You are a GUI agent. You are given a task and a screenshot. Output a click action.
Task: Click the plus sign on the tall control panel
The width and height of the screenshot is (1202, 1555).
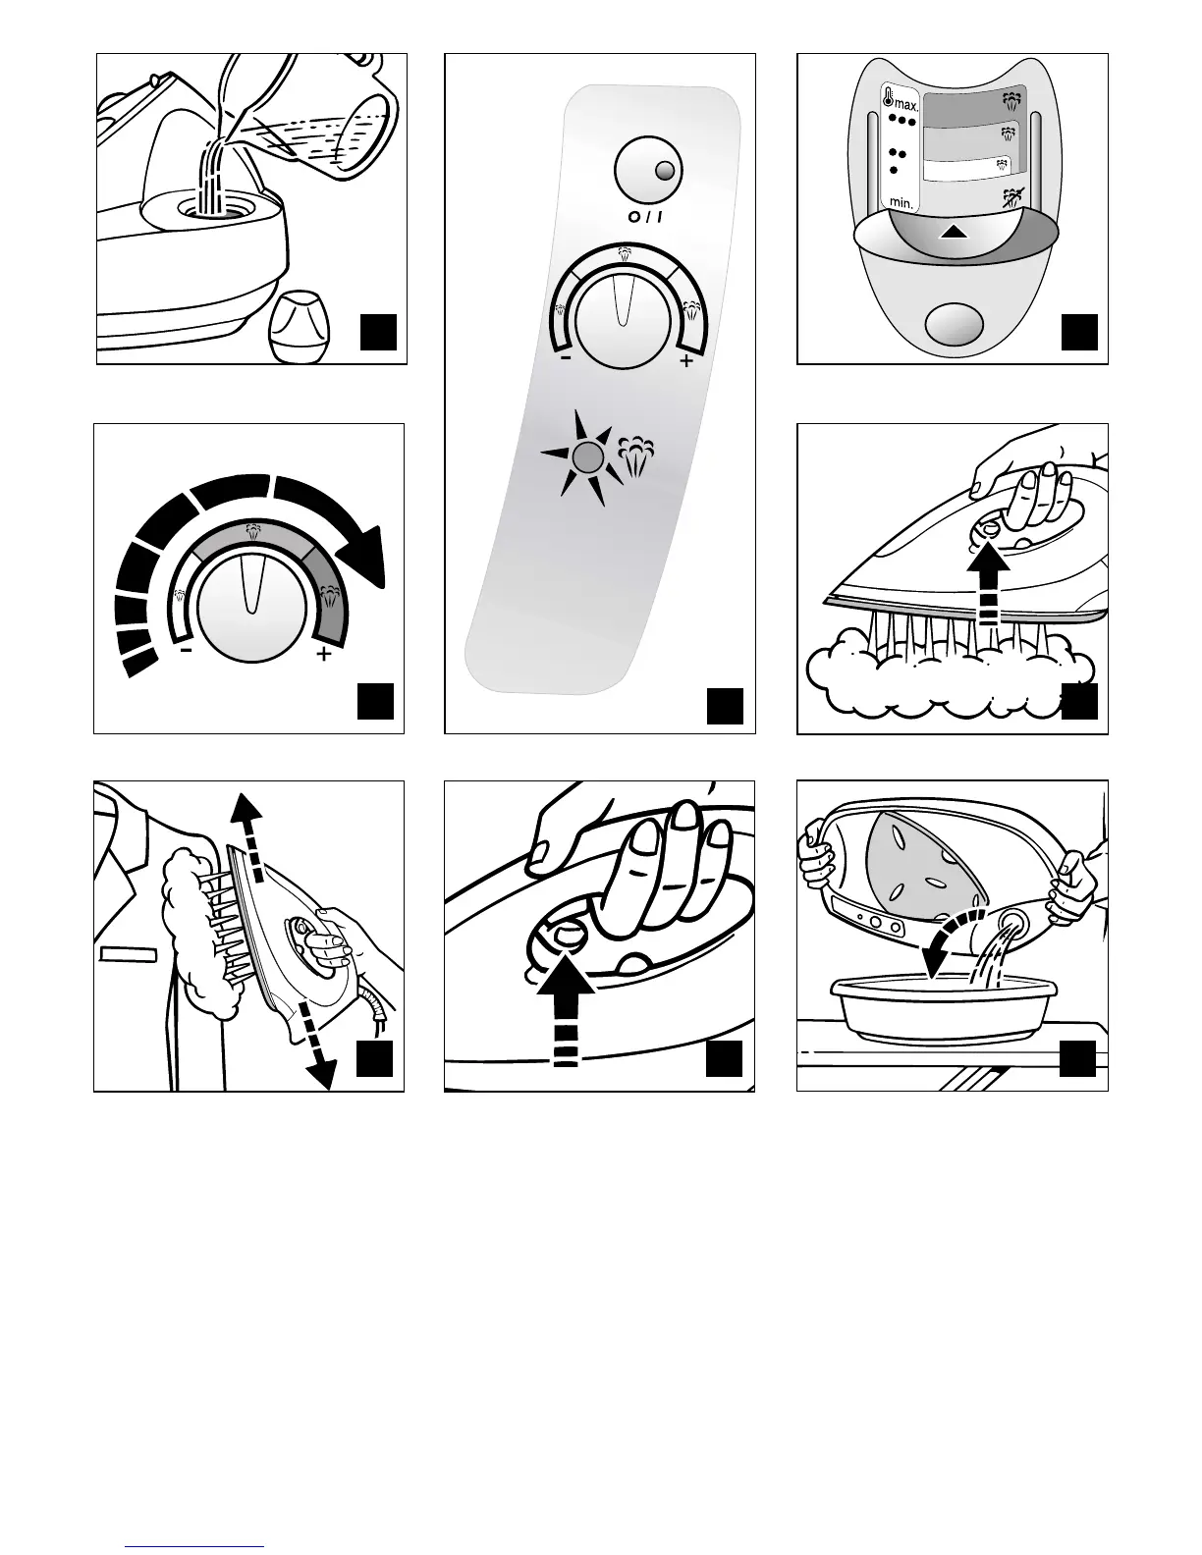[685, 362]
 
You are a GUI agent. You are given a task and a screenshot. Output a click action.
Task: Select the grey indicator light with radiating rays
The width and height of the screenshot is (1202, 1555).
[586, 456]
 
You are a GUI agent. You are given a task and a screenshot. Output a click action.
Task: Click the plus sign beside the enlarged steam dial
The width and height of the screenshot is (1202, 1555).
[323, 654]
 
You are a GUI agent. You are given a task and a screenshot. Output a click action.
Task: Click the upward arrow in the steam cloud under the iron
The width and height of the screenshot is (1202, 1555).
[990, 584]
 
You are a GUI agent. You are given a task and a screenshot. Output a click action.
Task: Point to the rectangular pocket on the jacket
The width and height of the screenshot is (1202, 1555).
[128, 953]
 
